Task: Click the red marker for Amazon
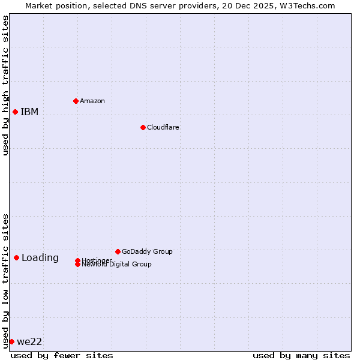coord(76,101)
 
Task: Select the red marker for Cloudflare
coord(143,127)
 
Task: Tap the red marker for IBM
coord(15,112)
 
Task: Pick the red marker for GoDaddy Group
coord(118,251)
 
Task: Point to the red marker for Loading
coord(16,257)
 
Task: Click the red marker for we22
coord(11,341)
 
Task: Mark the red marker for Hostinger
coord(77,260)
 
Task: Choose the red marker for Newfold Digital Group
coord(77,265)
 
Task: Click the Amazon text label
coord(92,101)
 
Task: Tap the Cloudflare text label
coord(163,127)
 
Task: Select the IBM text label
coord(29,112)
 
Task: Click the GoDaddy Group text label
coord(147,251)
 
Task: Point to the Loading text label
coord(40,258)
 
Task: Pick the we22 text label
coord(29,342)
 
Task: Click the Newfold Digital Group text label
coord(117,265)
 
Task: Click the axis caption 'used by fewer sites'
coord(62,355)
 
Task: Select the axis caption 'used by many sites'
coord(301,355)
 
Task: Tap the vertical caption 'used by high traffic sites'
coord(5,85)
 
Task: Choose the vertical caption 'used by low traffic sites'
coord(5,280)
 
